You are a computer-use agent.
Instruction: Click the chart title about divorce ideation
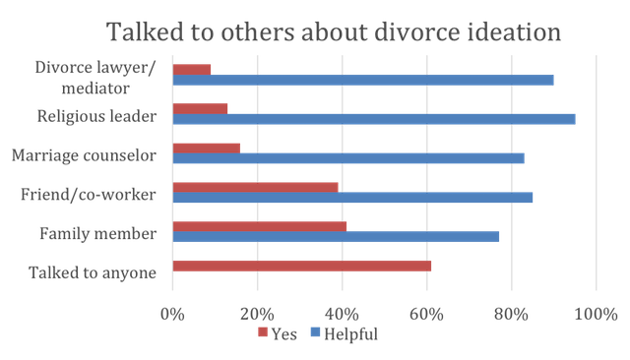[x=334, y=30]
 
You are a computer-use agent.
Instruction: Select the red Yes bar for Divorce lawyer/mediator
[x=192, y=70]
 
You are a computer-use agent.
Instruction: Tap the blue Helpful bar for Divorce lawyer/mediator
[x=362, y=80]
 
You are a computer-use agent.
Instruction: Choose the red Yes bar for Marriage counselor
[x=206, y=148]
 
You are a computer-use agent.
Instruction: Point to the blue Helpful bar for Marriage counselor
[x=347, y=157]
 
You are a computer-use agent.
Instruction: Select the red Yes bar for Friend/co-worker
[x=255, y=187]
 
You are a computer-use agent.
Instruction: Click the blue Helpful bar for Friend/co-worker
[x=352, y=197]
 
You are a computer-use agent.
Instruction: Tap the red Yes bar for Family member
[x=259, y=226]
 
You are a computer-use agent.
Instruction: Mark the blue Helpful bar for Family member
[x=336, y=236]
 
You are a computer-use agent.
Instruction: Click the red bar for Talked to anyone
[x=301, y=266]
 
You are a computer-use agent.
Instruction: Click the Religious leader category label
[x=97, y=117]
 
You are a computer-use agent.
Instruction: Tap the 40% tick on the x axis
[x=342, y=315]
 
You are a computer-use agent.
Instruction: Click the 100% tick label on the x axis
[x=595, y=315]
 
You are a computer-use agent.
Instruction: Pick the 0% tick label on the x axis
[x=173, y=315]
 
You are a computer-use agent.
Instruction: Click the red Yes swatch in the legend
[x=263, y=334]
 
